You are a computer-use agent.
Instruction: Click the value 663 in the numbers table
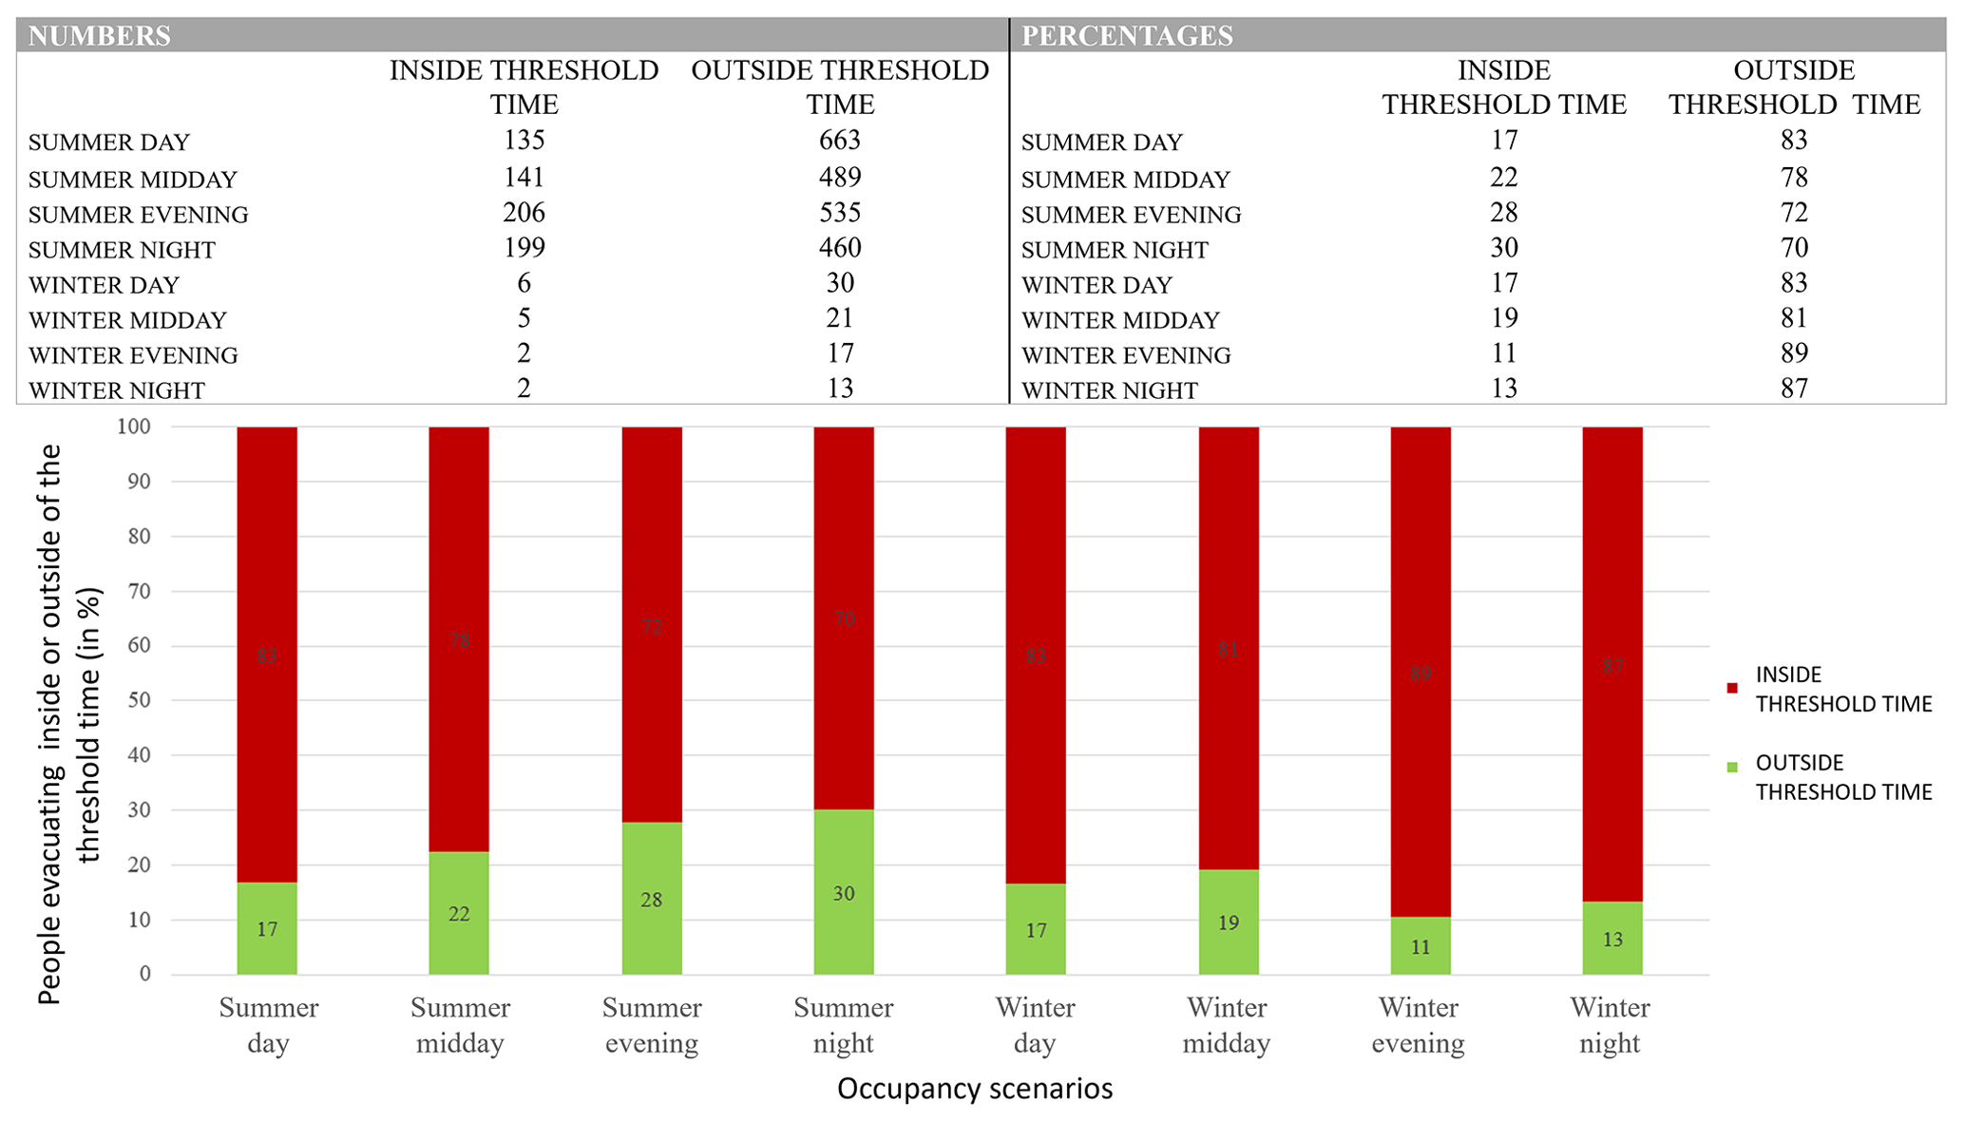[x=839, y=141]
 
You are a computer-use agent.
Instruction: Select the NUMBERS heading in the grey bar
[x=100, y=36]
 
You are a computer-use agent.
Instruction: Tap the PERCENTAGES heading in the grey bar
[x=1127, y=36]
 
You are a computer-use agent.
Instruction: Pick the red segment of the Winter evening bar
[x=1421, y=665]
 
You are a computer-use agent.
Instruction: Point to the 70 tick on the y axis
[x=140, y=592]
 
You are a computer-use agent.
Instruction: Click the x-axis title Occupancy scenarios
[x=975, y=1089]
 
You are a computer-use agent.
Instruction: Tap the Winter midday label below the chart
[x=1227, y=1025]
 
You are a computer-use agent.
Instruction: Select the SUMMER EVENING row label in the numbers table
[x=139, y=215]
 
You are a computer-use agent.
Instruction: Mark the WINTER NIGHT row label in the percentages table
[x=1109, y=390]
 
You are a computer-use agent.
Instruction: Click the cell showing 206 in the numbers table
[x=524, y=213]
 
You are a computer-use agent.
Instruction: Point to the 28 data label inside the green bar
[x=651, y=900]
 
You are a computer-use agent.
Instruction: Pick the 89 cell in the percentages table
[x=1794, y=353]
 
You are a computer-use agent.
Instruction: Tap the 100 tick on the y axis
[x=134, y=427]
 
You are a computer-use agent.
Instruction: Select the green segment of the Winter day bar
[x=1036, y=929]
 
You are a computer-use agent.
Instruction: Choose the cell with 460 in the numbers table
[x=840, y=248]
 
